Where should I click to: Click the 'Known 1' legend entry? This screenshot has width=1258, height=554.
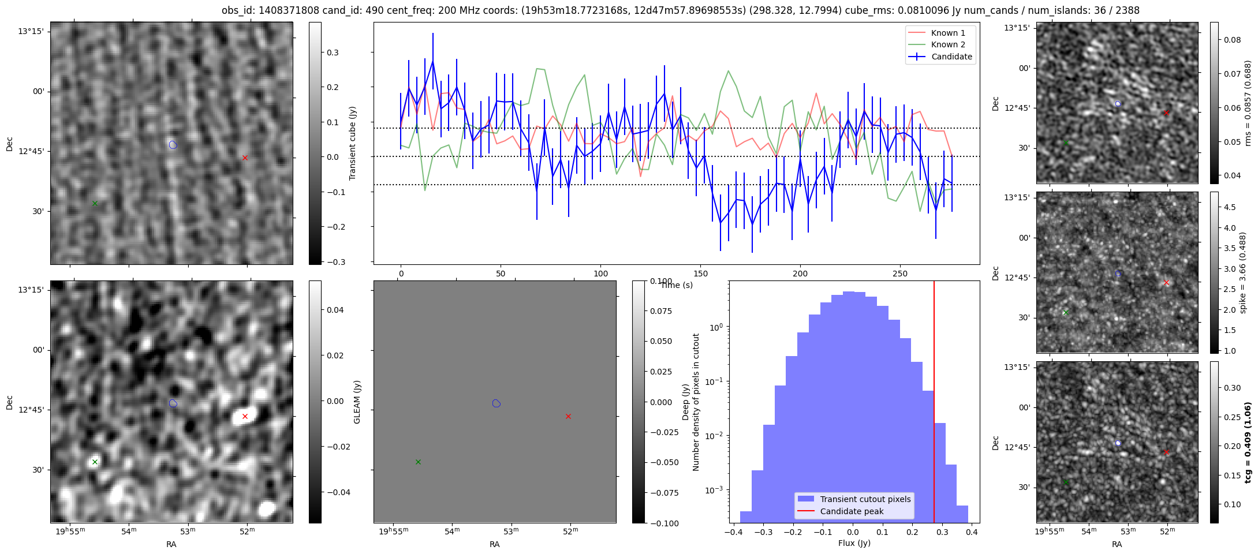pos(948,33)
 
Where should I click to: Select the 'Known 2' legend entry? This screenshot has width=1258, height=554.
pos(948,44)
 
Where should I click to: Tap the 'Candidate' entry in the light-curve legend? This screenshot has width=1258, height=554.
pos(951,57)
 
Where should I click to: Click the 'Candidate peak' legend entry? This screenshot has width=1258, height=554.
pos(852,511)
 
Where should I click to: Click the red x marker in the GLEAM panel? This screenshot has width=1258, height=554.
pos(568,416)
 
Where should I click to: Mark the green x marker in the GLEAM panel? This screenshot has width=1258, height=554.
pos(418,462)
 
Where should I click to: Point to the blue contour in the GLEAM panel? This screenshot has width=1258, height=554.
pos(496,403)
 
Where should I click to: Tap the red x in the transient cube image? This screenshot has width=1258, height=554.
pos(245,158)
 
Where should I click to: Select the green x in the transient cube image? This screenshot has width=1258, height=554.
pos(95,203)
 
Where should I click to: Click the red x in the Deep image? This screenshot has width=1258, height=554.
pos(245,416)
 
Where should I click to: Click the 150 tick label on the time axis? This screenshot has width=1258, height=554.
pos(700,274)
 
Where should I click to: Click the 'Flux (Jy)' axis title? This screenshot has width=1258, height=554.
pos(854,543)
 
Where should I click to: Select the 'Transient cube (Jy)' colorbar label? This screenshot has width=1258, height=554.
pos(353,143)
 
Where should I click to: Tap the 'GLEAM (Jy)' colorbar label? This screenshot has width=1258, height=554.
pos(357,402)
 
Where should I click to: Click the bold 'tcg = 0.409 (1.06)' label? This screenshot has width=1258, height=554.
pos(1248,442)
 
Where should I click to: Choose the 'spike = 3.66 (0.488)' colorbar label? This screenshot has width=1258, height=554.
pos(1243,272)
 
